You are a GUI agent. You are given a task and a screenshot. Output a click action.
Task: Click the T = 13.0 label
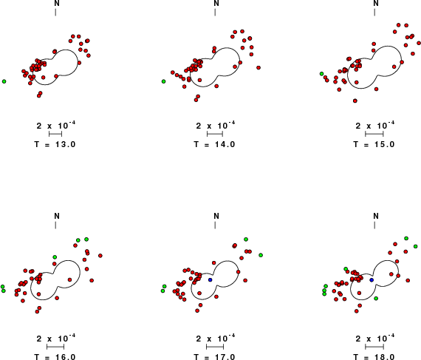tap(55, 145)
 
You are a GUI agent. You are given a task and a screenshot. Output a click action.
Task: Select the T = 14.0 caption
tap(214, 145)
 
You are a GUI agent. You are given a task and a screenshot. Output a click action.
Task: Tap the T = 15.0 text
tap(374, 145)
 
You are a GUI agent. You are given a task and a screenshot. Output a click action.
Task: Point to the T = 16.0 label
tap(55, 357)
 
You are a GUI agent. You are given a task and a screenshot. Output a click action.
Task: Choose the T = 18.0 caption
tap(374, 357)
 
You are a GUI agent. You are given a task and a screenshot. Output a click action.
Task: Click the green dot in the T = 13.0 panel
tap(4, 81)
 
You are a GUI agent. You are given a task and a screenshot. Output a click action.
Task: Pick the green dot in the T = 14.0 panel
tap(163, 81)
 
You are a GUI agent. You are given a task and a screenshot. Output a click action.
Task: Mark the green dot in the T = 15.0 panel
tap(321, 74)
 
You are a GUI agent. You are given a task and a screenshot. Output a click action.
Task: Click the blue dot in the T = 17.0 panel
tap(210, 280)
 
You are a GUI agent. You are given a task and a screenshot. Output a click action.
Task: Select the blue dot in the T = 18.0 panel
tap(372, 280)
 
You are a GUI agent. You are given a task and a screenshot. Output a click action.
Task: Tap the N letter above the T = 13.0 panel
tap(57, 3)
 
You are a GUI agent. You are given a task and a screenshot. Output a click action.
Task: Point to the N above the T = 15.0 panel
tap(376, 3)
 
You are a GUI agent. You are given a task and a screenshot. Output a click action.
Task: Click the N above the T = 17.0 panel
tap(216, 216)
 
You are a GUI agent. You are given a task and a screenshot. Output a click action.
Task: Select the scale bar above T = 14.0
tap(215, 134)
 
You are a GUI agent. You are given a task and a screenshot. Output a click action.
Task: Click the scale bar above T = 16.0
tap(55, 347)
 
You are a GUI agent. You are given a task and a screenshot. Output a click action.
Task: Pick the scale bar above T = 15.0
tap(374, 134)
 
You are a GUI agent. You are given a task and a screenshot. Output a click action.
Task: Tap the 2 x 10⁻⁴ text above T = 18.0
tap(375, 339)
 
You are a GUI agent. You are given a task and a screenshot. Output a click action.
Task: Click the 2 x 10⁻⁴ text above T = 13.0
tap(56, 125)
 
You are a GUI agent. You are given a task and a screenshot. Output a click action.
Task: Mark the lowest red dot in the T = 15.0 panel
tap(355, 101)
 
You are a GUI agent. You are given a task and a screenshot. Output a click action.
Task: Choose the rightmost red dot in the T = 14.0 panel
tap(259, 68)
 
